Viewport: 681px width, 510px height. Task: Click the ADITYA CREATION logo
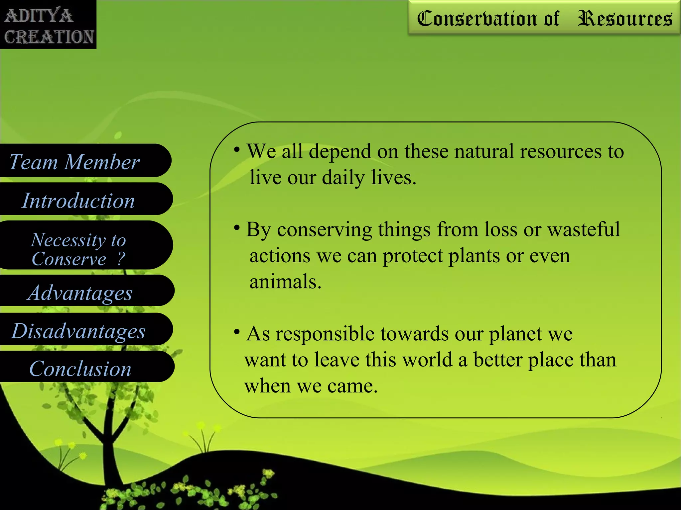[x=48, y=25]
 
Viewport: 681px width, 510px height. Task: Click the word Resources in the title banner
[x=624, y=19]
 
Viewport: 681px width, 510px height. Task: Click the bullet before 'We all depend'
[x=237, y=150]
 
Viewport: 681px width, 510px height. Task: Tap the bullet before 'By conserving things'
[x=237, y=228]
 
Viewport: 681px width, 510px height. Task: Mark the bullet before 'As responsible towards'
[x=237, y=332]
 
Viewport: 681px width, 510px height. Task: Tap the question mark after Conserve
[x=121, y=259]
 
